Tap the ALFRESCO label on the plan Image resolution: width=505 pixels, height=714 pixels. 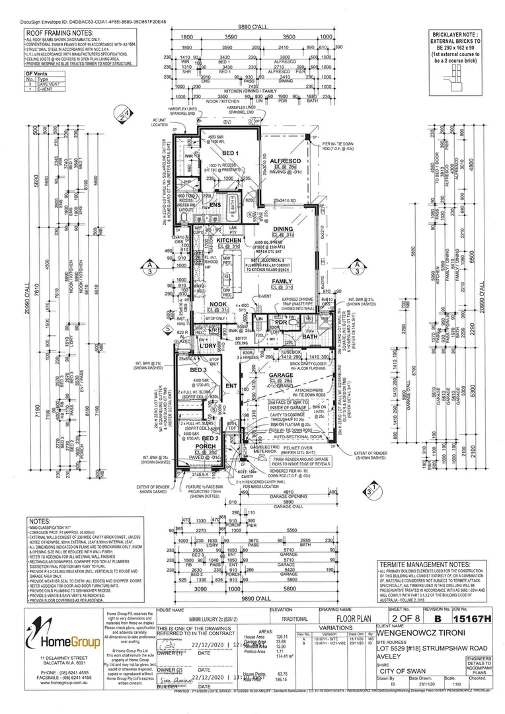click(x=285, y=161)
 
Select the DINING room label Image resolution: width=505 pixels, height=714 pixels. click(x=283, y=229)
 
